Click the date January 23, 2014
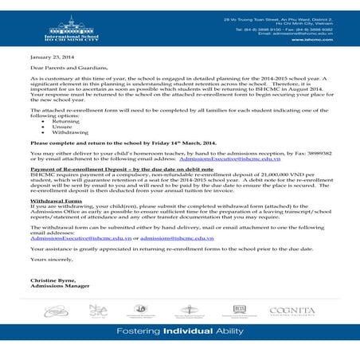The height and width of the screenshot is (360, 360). (x=53, y=58)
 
